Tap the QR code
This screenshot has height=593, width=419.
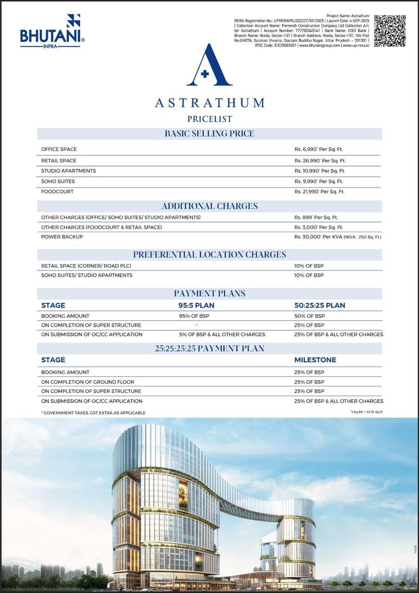(390, 31)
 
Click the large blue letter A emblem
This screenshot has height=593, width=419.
(209, 66)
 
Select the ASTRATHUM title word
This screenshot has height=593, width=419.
(209, 102)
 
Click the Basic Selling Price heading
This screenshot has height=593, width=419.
(209, 133)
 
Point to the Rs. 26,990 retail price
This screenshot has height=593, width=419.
(320, 161)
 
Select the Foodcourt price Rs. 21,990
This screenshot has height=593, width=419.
(320, 191)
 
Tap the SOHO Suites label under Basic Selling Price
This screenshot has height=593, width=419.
(58, 181)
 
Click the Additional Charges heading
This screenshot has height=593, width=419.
(209, 206)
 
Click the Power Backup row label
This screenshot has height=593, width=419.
(62, 237)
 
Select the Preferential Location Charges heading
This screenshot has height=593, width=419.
(209, 254)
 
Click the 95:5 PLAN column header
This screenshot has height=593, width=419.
(197, 305)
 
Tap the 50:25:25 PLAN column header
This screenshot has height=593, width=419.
(319, 305)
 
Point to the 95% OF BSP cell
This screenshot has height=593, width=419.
(197, 316)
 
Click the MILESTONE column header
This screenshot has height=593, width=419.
(315, 360)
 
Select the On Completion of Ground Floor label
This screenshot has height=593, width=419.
(88, 382)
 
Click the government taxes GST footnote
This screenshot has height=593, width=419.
(93, 413)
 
